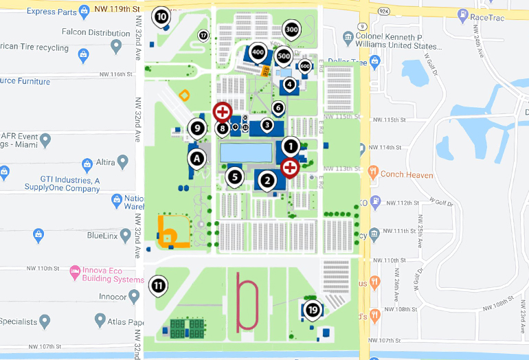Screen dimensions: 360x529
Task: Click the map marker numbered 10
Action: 161,16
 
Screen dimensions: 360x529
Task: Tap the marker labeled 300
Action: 291,30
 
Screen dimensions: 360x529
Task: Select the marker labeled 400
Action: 258,52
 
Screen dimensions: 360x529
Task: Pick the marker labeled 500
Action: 284,56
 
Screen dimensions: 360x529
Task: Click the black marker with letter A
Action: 197,159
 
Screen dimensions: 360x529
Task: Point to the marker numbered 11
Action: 159,285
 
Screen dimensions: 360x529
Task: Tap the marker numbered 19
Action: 313,310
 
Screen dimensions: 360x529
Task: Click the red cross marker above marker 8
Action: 223,111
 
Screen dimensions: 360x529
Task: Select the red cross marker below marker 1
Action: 290,166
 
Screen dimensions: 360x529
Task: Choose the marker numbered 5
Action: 235,177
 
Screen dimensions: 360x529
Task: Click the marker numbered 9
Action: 197,127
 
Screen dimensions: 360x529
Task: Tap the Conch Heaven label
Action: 406,175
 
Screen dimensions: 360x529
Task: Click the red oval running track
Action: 247,302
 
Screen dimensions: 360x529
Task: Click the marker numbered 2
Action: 267,181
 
